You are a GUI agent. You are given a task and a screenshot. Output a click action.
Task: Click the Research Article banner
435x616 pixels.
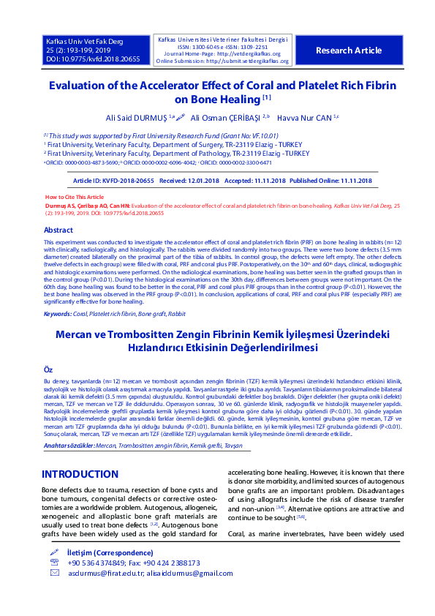point(348,50)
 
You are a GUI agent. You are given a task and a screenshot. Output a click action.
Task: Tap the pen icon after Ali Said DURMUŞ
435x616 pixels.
point(180,116)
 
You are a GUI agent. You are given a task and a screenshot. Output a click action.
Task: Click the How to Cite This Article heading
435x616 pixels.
point(75,198)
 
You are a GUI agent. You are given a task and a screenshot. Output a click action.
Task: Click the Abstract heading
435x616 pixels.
point(58,230)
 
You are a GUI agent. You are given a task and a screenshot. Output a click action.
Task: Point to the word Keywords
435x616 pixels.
point(57,313)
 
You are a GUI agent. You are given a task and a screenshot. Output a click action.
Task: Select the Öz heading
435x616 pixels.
point(48,371)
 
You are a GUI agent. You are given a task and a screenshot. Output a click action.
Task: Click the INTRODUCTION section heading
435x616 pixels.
point(80,474)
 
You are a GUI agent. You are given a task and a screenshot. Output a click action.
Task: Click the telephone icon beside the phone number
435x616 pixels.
point(53,563)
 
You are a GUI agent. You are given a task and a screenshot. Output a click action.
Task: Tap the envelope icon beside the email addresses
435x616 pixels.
point(53,573)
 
